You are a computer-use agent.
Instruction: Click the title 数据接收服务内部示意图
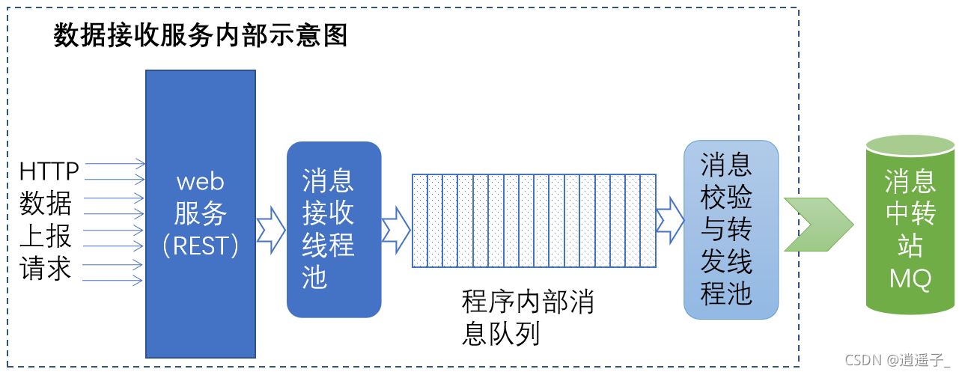point(201,35)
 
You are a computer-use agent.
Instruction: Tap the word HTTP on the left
point(49,171)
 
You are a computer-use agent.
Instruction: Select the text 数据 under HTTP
point(46,204)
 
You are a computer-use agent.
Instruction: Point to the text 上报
point(46,236)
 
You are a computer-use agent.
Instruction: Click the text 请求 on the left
point(46,268)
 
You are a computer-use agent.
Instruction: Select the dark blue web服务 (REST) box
point(201,299)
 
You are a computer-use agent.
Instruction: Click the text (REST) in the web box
point(201,246)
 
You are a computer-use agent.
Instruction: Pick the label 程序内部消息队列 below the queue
point(527,318)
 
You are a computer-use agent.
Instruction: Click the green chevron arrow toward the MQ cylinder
point(818,225)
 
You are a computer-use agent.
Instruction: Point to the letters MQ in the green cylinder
point(910,279)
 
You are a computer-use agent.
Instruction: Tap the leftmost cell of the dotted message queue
point(419,221)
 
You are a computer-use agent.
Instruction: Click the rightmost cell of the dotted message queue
point(648,221)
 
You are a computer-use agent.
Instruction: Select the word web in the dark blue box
point(201,181)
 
